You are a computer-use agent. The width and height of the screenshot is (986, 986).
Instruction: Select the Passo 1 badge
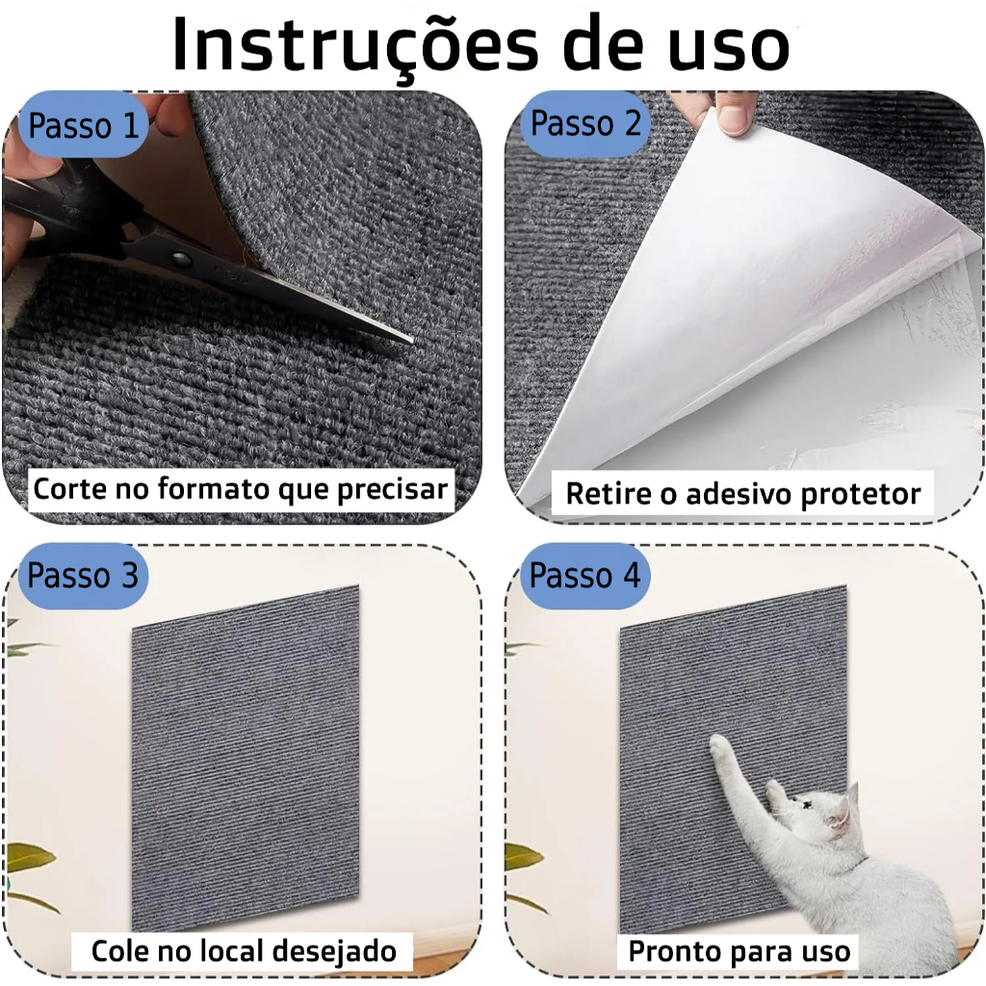coord(83,124)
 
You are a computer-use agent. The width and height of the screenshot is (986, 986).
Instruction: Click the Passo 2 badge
coord(584,122)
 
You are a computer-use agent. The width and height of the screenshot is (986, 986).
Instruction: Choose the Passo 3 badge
coord(83,575)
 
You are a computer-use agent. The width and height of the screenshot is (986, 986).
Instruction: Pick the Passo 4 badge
coord(584,575)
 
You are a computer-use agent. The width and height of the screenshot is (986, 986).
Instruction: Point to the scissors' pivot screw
coord(181,257)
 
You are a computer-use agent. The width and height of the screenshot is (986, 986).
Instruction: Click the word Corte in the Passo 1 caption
coord(70,488)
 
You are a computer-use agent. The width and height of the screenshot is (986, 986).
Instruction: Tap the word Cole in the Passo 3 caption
coord(119,950)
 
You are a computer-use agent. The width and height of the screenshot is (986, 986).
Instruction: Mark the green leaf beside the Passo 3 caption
coord(28,856)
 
